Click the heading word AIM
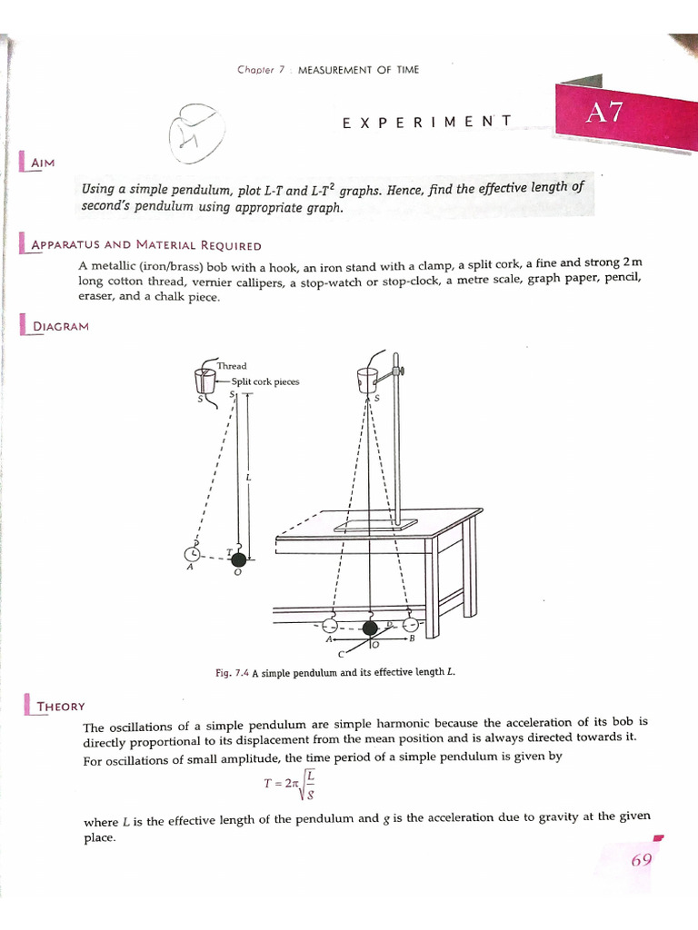tap(43, 162)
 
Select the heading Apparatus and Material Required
tap(146, 245)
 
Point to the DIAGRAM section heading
tap(61, 325)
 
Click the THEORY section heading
tap(57, 705)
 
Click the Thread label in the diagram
tap(232, 366)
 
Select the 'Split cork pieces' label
tap(264, 381)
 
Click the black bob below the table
tap(370, 628)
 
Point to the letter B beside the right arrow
tap(412, 639)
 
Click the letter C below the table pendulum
tap(341, 653)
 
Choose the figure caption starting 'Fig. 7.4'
tap(334, 672)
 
